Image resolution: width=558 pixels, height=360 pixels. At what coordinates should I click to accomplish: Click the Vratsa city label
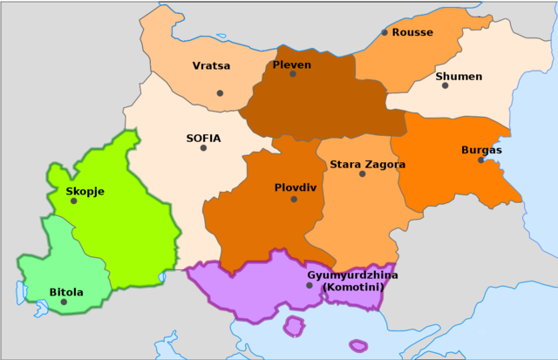coord(211,66)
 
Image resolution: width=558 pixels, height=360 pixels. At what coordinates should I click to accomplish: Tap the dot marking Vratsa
coord(220,93)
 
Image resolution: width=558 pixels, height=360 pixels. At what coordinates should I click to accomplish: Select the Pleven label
coord(291,65)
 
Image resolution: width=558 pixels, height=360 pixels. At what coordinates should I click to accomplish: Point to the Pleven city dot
coord(293,74)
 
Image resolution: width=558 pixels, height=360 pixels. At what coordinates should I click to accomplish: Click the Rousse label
coord(412,32)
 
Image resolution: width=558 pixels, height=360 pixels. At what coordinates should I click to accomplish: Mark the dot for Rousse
coord(384,32)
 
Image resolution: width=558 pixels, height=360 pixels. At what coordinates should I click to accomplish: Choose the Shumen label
coord(459,77)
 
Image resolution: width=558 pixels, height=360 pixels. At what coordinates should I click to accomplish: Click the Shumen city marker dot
coord(445,85)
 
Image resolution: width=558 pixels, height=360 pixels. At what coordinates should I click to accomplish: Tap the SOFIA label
coord(203,138)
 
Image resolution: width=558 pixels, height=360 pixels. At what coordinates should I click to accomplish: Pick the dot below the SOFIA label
coord(203,147)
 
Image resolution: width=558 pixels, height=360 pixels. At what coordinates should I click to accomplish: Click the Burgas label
coord(481,150)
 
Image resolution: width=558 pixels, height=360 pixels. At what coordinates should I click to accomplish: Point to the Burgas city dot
coord(480,160)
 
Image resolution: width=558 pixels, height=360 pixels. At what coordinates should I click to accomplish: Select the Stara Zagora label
coord(367,164)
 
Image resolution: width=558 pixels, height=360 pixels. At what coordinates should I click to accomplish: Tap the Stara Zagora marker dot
coord(362,173)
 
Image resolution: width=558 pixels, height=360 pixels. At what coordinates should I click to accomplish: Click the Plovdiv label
coord(295,187)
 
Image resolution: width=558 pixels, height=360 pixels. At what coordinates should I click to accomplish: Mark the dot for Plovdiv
coord(294,199)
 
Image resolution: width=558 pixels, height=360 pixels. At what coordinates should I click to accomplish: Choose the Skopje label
coord(85,191)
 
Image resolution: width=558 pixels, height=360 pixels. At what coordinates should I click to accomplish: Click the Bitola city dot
coord(64,302)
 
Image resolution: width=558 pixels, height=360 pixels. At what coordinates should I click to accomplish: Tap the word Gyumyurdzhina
coord(352,275)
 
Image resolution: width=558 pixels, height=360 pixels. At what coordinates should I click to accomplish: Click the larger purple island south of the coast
coord(295,327)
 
